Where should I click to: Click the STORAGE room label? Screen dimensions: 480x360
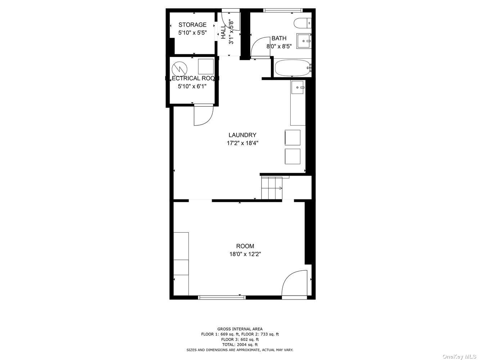(x=192, y=25)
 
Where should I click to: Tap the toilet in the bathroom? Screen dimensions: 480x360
(x=302, y=23)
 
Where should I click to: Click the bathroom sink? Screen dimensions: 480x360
(x=304, y=41)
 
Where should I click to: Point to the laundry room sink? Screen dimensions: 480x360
(x=298, y=87)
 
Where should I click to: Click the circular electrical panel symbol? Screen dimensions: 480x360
(x=180, y=69)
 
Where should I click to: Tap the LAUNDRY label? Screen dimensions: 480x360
(x=242, y=135)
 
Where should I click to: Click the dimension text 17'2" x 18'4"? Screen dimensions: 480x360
(x=242, y=143)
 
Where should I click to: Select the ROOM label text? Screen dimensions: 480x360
(x=245, y=246)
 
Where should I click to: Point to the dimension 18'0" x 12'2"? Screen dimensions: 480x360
(x=245, y=254)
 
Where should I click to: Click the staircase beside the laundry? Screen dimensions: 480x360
(x=272, y=188)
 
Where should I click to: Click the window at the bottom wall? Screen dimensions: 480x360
(x=222, y=297)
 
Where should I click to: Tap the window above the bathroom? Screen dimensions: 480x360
(x=283, y=10)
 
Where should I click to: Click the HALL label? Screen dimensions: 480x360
(x=223, y=32)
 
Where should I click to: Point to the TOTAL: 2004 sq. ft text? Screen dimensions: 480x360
(x=240, y=345)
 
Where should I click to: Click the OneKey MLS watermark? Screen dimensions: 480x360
(x=459, y=356)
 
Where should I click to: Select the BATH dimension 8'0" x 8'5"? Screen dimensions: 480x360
(x=279, y=46)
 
